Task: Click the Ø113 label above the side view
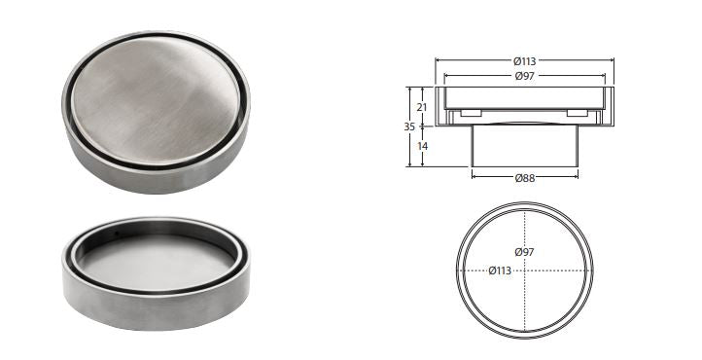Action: [524, 61]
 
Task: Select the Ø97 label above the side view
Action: [524, 76]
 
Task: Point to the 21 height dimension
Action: [422, 107]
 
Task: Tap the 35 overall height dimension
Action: [409, 126]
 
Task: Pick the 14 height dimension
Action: [422, 146]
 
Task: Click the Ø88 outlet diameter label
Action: [525, 178]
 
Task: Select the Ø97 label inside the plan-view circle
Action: [524, 252]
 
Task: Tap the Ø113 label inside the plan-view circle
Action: [500, 270]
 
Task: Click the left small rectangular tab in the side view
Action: [471, 113]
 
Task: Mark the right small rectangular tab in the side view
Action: [578, 113]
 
